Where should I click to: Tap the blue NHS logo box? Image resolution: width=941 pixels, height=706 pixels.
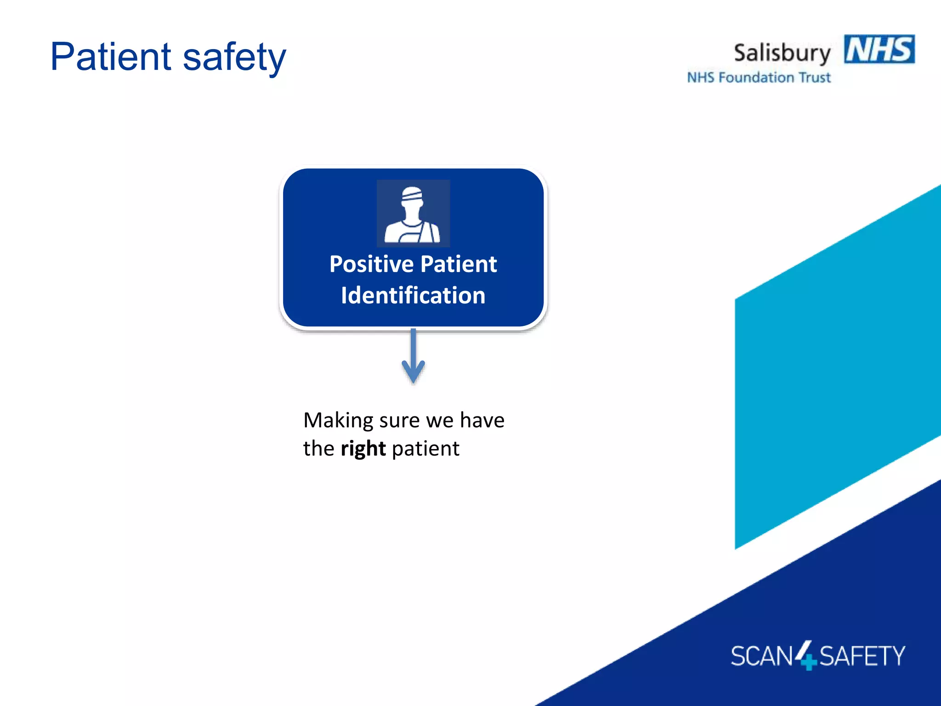(x=879, y=49)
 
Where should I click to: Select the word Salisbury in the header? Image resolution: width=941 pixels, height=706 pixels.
(x=782, y=53)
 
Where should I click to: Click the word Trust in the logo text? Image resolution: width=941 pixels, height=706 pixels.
(x=815, y=77)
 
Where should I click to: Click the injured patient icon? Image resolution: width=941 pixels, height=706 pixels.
(x=413, y=214)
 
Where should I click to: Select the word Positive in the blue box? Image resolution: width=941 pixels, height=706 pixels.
(x=371, y=264)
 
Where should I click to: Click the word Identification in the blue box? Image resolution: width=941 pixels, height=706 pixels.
(x=413, y=295)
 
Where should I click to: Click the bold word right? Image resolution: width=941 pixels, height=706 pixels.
(x=363, y=449)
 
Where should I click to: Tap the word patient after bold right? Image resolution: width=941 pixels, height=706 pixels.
(x=425, y=449)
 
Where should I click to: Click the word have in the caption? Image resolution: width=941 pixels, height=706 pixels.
(x=482, y=420)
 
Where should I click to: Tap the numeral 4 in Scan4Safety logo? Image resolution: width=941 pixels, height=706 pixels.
(x=805, y=655)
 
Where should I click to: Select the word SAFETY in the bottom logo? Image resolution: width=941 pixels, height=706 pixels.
(x=862, y=656)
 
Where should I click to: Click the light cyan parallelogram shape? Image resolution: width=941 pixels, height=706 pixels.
(x=836, y=368)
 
